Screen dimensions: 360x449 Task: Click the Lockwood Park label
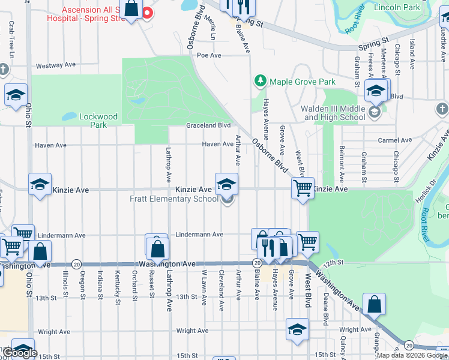point(98,121)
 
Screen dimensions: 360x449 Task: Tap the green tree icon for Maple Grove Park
point(260,81)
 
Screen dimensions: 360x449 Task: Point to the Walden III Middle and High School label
point(335,113)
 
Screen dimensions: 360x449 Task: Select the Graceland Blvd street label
point(208,125)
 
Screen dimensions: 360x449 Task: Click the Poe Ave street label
point(209,55)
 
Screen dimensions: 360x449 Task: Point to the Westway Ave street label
point(56,65)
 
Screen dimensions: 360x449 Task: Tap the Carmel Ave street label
point(394,140)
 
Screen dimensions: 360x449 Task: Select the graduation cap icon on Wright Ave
point(297,331)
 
